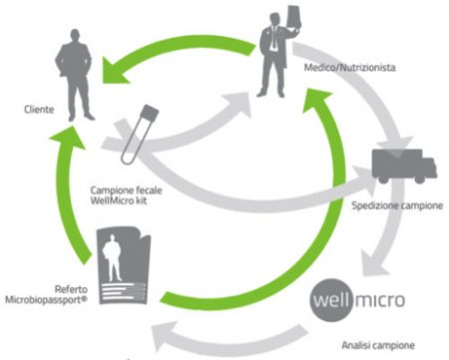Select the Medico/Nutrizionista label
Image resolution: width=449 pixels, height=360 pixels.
click(347, 70)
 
